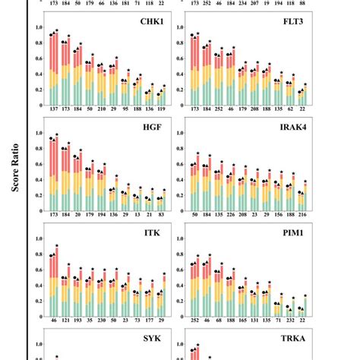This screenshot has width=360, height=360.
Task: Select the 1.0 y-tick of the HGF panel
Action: (x=39, y=131)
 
